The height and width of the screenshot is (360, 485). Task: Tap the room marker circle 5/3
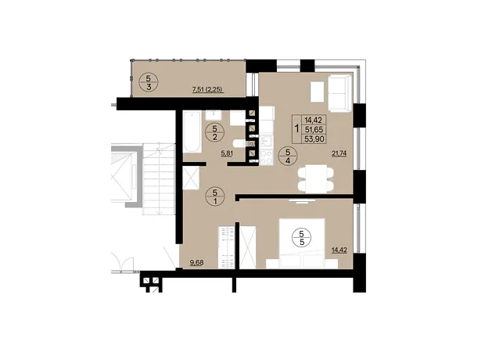149,82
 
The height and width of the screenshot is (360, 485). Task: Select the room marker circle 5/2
215,132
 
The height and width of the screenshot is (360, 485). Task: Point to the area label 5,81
227,153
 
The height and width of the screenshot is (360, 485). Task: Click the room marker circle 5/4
288,157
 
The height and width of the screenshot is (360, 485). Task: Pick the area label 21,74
339,153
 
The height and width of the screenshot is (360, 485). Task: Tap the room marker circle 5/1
215,196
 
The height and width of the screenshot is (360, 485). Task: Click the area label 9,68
196,263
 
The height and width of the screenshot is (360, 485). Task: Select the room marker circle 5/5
302,237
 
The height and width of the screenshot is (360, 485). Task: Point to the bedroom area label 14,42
339,250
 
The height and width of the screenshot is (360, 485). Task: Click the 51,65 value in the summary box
314,129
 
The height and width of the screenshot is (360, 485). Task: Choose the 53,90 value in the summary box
314,139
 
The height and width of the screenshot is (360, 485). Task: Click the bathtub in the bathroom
192,131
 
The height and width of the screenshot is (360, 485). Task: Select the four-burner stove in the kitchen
266,157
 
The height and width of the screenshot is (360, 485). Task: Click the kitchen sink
266,141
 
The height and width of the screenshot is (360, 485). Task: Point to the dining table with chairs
315,179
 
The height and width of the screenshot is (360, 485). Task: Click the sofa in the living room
339,92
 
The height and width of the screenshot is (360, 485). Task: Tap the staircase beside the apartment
158,178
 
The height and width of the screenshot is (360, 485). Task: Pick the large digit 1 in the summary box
297,128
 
